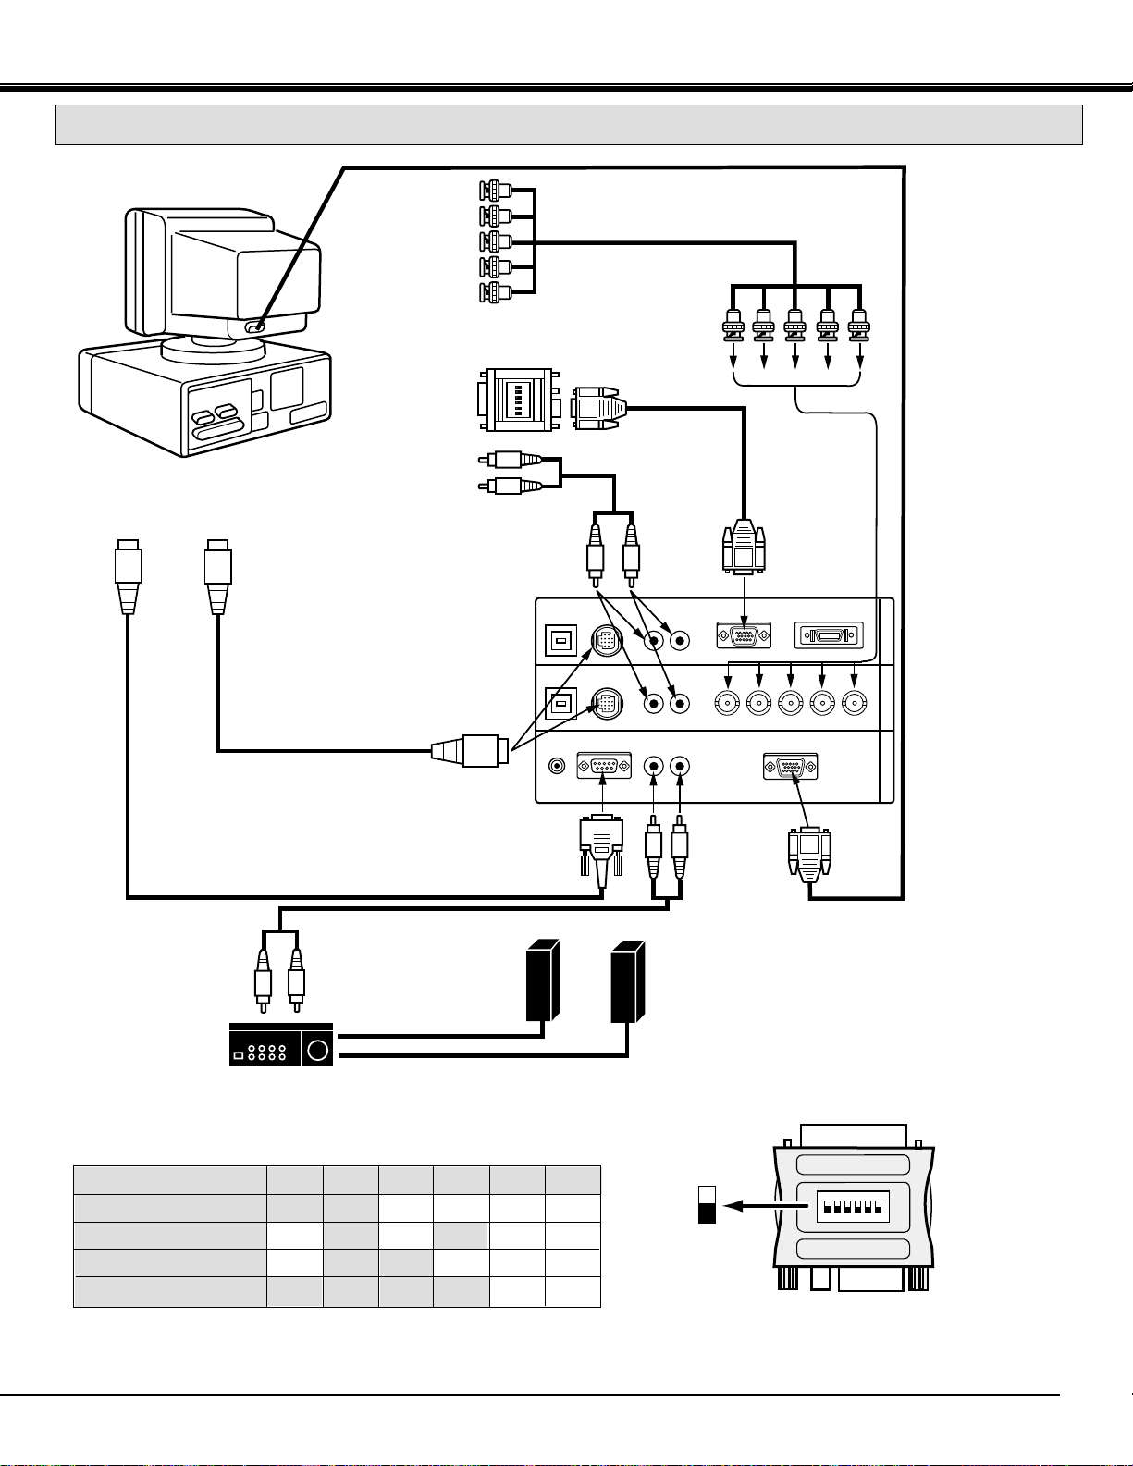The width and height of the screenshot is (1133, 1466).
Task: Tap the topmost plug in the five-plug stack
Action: coord(496,191)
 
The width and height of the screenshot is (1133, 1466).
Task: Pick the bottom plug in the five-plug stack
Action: coord(496,293)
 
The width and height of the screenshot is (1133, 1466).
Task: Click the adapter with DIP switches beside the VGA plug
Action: coord(518,400)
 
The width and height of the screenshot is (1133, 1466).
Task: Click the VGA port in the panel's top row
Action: coord(744,636)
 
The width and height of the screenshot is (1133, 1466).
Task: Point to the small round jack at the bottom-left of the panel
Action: coord(557,767)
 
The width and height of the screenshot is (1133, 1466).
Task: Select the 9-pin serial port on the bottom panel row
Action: coord(604,767)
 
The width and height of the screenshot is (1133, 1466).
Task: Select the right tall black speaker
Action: coord(628,980)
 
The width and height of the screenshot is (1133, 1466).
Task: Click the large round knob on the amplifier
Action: coord(317,1051)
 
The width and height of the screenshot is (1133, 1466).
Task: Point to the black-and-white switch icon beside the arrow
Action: coord(708,1205)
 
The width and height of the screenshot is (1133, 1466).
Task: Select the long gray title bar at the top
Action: coord(569,125)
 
